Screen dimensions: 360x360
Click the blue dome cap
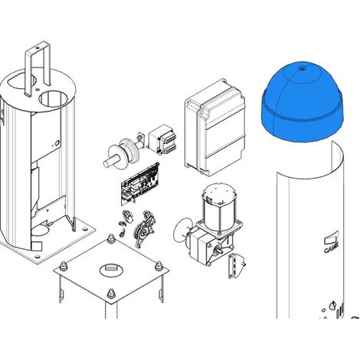click(x=303, y=102)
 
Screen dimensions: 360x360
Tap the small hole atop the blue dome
click(x=302, y=68)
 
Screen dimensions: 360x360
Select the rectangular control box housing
click(x=214, y=128)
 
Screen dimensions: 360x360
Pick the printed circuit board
click(x=140, y=184)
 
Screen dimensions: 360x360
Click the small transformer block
click(x=162, y=139)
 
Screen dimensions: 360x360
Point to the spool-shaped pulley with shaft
click(x=124, y=152)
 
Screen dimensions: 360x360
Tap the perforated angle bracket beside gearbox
click(x=235, y=266)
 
